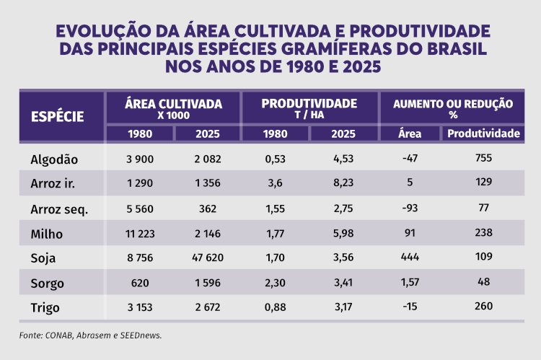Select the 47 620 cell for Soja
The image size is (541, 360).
pyautogui.click(x=207, y=258)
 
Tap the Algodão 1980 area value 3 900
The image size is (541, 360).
pyautogui.click(x=139, y=159)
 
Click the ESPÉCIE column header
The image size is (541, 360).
pyautogui.click(x=58, y=116)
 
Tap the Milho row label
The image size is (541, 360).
pyautogui.click(x=47, y=233)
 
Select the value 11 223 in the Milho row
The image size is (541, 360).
pyautogui.click(x=139, y=233)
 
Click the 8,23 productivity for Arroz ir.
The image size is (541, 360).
pyautogui.click(x=343, y=183)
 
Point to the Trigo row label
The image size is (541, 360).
pyautogui.click(x=45, y=307)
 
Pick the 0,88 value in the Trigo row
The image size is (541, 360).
pyautogui.click(x=276, y=307)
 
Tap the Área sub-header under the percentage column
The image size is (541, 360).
pyautogui.click(x=410, y=133)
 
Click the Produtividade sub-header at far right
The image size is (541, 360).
pyautogui.click(x=483, y=133)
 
